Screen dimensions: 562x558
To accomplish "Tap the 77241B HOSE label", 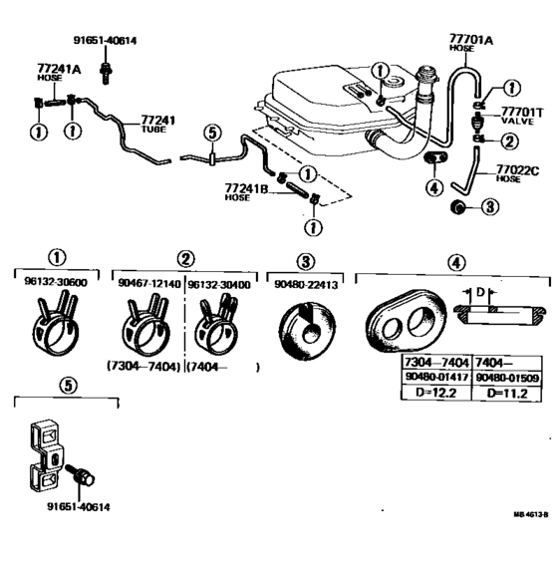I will pos(243,191).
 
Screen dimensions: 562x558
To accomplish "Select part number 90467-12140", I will pos(146,283).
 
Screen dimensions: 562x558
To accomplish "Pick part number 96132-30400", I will pos(219,283).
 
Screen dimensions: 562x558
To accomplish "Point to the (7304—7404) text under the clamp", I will pos(143,366).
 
